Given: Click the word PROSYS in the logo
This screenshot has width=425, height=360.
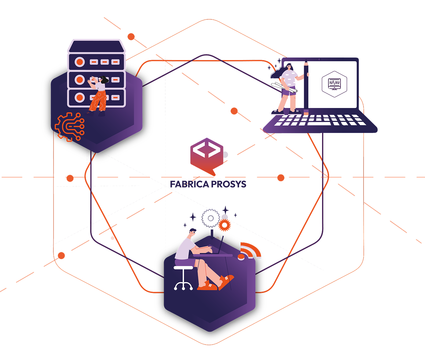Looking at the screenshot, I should tap(228, 184).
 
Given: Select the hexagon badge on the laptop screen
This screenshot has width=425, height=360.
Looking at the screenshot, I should tap(334, 84).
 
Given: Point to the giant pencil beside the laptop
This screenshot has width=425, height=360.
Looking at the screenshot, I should tap(306, 88).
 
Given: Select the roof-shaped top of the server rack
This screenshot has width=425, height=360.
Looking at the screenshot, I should tap(97, 47).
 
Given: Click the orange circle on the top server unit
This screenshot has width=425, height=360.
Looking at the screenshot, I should tap(80, 62).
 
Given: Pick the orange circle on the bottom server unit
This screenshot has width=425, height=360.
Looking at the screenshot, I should tap(80, 97).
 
